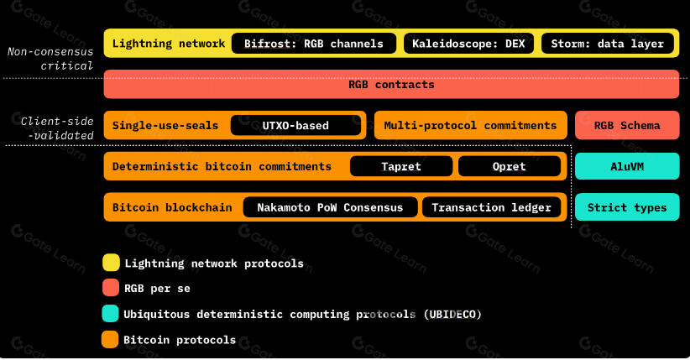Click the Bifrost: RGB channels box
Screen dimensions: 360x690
click(313, 44)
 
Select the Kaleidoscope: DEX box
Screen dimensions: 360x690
click(468, 44)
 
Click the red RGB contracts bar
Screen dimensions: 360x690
click(391, 85)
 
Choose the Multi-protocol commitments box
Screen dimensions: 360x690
click(470, 126)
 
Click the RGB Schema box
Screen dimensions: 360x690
click(626, 126)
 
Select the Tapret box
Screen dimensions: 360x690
click(401, 166)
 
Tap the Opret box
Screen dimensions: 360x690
click(510, 166)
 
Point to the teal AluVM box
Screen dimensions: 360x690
click(626, 166)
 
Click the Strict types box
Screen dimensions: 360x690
click(626, 207)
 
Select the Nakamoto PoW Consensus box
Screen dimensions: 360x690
click(330, 207)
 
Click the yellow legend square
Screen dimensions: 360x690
click(110, 263)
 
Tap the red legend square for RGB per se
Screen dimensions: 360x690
click(110, 289)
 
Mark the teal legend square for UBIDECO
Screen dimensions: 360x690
click(110, 314)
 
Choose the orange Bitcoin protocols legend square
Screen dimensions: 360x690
click(110, 340)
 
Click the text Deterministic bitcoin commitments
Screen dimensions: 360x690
click(222, 166)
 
